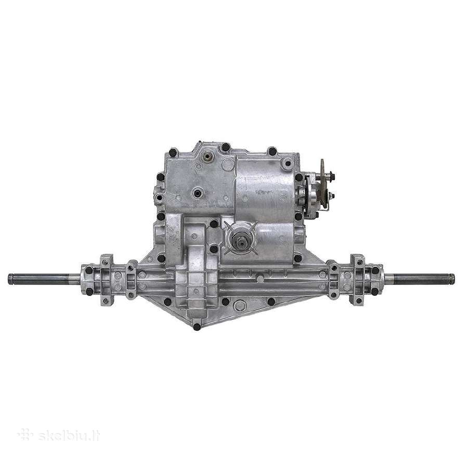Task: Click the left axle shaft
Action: (44, 279)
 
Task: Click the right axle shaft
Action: (419, 279)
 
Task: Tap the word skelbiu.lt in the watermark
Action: (69, 436)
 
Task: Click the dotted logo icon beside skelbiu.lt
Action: (25, 435)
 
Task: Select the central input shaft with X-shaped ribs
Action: (241, 238)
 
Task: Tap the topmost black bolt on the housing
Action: (226, 147)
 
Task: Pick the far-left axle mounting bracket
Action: (107, 280)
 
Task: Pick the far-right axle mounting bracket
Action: (357, 280)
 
